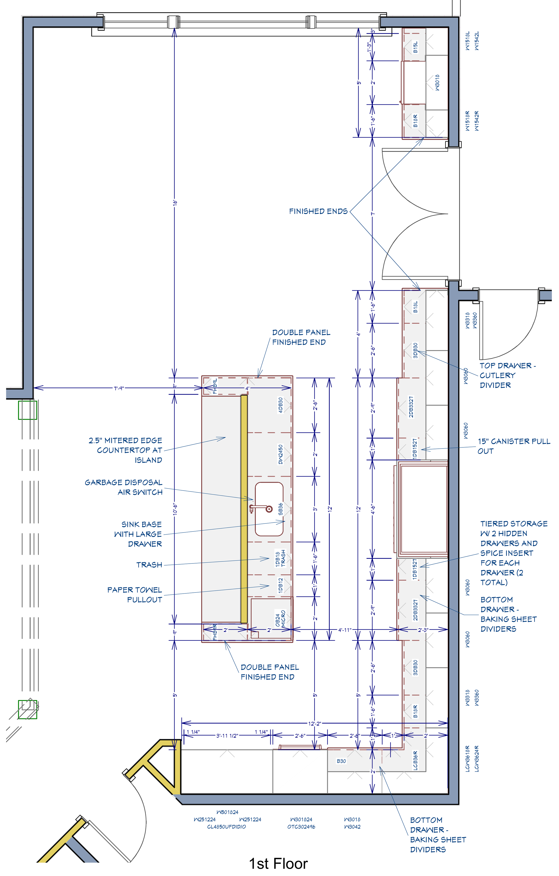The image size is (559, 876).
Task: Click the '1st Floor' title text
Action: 278,864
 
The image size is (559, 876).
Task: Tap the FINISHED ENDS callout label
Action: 318,211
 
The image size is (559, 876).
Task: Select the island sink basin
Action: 269,509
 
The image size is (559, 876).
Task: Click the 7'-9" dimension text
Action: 119,389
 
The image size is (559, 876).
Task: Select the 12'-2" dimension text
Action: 314,724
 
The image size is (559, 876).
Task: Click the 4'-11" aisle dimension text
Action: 345,630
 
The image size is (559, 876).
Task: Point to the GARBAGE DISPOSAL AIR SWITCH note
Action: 124,487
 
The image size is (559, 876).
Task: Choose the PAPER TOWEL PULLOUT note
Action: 135,595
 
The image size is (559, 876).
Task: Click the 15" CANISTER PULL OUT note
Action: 514,446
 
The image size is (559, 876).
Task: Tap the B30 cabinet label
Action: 341,761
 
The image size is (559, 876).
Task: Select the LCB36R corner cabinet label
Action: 415,760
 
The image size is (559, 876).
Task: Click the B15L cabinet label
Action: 415,47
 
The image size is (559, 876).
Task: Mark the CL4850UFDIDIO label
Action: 226,827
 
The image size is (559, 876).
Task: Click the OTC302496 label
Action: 301,827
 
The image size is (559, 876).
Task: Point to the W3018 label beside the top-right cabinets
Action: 437,83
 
